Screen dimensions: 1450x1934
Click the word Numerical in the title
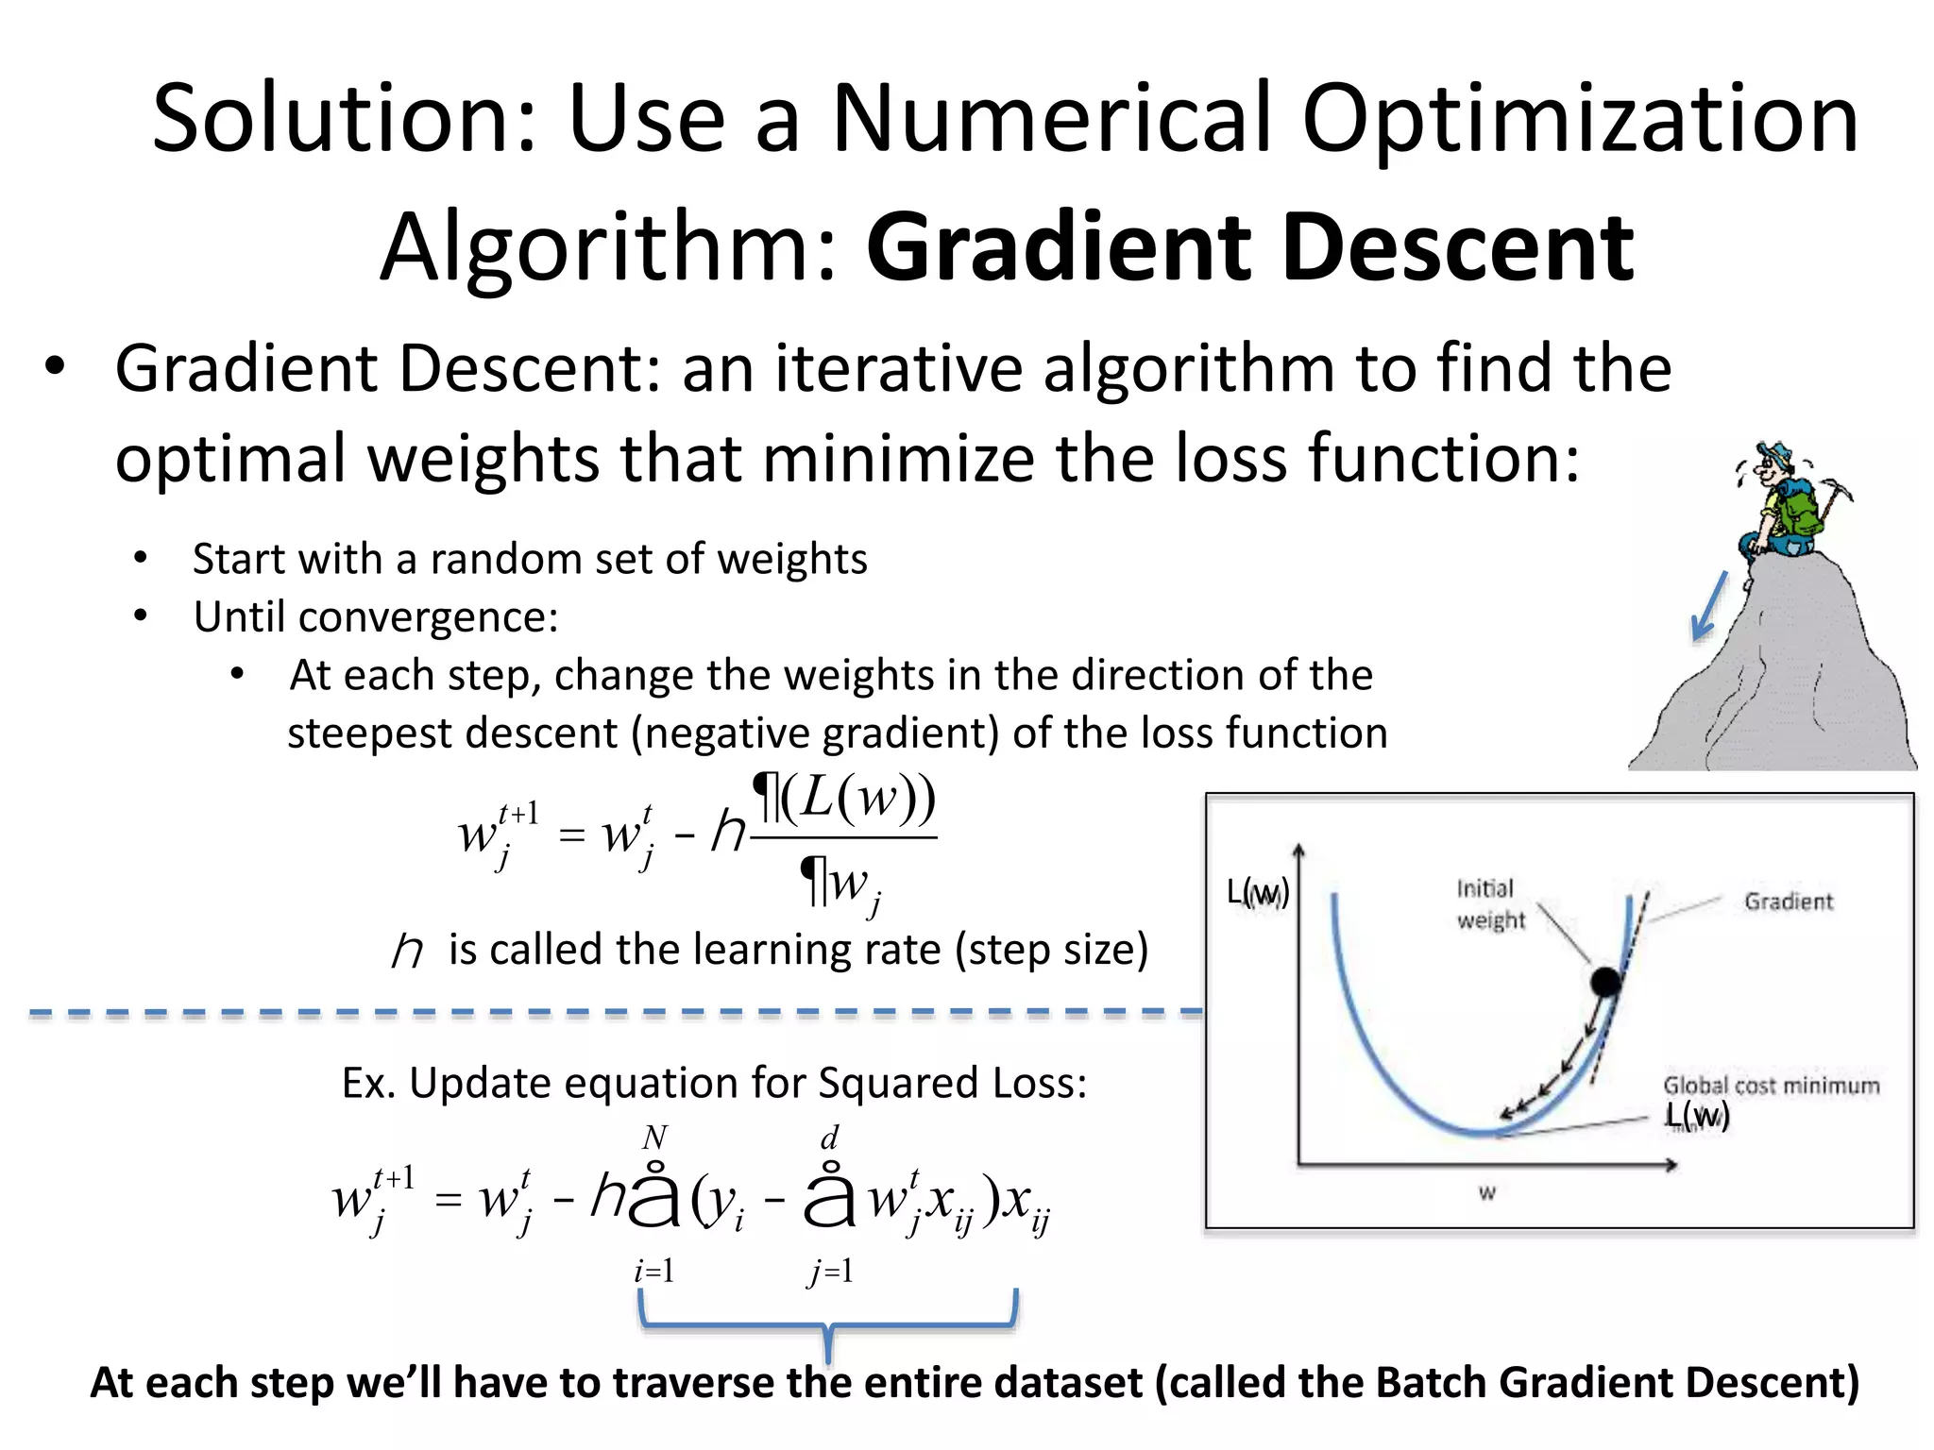coord(1053,120)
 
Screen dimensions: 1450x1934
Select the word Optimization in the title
coord(1580,120)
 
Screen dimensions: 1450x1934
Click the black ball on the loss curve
coord(1605,982)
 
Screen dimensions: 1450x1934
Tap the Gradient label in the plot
coord(1788,902)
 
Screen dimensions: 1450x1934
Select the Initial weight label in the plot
coord(1489,904)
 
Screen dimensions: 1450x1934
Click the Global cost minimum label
coord(1771,1086)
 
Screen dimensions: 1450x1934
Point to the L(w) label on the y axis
coord(1257,892)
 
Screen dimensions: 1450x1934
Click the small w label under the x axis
coord(1487,1193)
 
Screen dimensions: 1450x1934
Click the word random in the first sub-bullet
coord(518,559)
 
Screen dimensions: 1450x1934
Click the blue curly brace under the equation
coord(827,1326)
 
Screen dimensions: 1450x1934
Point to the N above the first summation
coord(654,1138)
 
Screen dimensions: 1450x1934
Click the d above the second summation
coord(829,1138)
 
